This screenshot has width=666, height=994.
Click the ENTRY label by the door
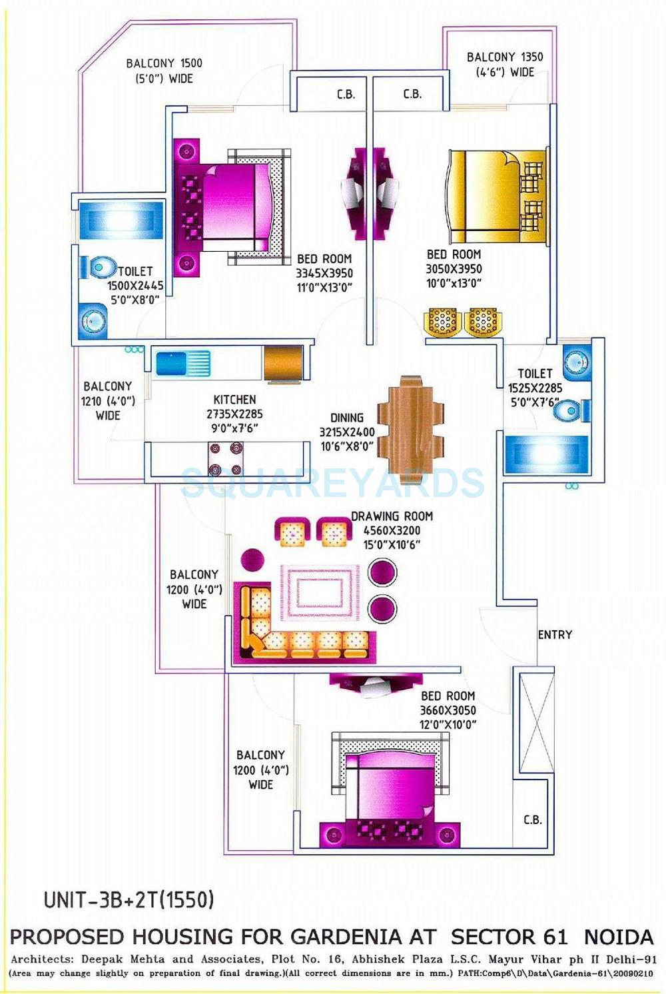point(555,635)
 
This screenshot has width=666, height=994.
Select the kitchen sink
point(182,364)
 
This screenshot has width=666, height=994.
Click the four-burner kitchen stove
point(225,459)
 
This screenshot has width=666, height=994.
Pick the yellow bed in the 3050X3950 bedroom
point(497,197)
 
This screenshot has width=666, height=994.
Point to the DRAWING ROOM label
point(392,516)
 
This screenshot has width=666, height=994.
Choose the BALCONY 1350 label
point(504,57)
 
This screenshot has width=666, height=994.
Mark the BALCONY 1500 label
point(164,63)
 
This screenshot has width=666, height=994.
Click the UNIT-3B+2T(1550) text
point(129,900)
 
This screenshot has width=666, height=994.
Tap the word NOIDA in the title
point(618,937)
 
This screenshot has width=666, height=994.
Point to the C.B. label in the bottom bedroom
point(532,820)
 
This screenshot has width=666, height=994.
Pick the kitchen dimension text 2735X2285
point(234,414)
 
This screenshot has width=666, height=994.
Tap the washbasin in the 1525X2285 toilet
point(575,362)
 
